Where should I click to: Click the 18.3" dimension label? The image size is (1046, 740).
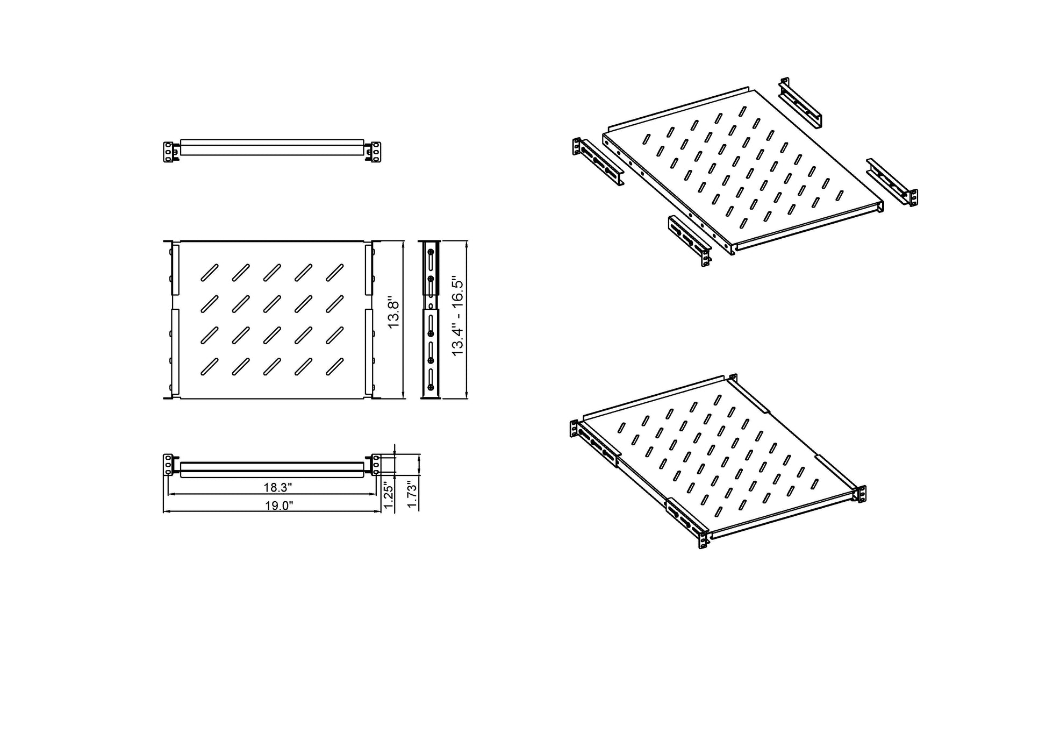(277, 487)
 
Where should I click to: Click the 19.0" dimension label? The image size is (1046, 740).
(278, 506)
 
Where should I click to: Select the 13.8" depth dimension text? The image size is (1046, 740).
(393, 315)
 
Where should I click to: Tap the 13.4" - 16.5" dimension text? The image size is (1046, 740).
(457, 316)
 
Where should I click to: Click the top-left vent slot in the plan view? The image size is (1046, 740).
(209, 273)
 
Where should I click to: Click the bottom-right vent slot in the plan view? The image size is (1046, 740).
(335, 366)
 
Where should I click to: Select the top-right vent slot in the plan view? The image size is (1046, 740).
(335, 273)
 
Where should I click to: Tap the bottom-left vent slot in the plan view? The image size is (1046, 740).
(209, 366)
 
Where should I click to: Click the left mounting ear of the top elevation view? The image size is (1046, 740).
(168, 152)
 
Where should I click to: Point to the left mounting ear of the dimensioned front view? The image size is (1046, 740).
(168, 465)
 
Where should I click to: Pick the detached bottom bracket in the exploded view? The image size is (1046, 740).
(690, 240)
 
